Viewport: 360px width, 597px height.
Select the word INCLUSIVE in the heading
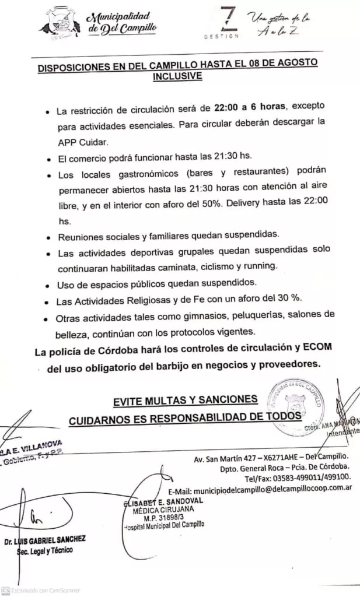tap(177, 76)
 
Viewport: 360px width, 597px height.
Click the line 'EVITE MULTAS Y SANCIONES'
tap(185, 399)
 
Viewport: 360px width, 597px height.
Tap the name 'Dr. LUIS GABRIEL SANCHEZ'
tap(45, 540)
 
